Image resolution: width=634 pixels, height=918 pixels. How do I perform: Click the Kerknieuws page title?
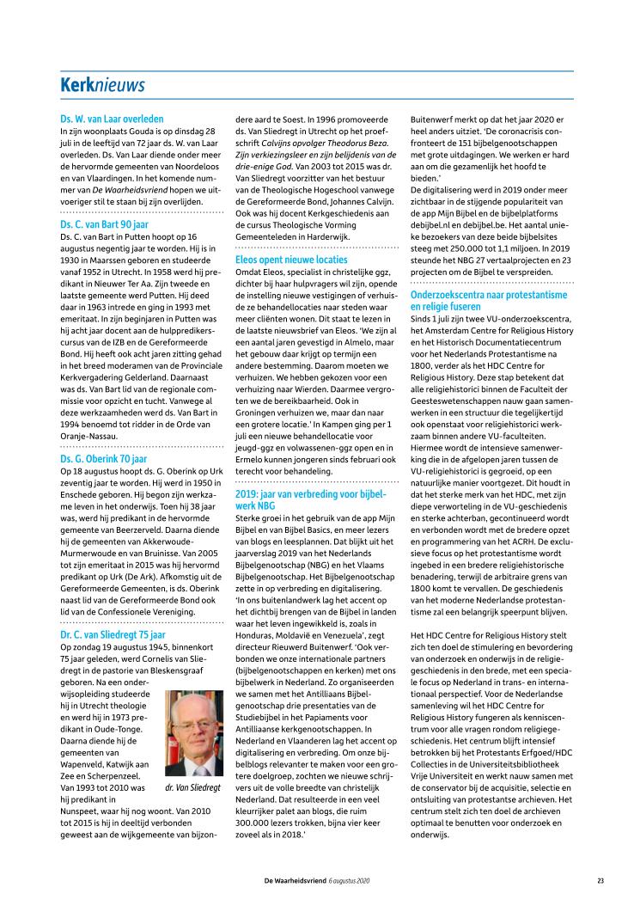point(101,85)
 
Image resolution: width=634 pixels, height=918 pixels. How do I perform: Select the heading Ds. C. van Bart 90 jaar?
point(104,223)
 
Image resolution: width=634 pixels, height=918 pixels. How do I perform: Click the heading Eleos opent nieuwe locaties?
point(291,259)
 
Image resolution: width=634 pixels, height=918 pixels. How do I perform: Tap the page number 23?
point(600,880)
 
